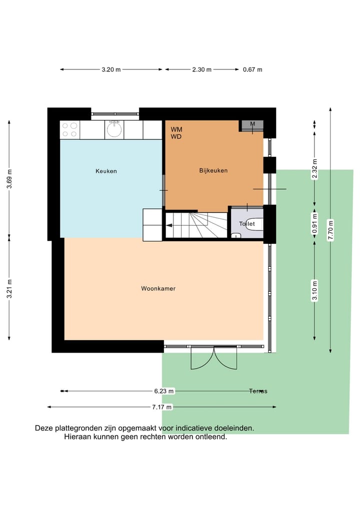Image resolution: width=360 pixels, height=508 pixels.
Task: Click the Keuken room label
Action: coord(106,171)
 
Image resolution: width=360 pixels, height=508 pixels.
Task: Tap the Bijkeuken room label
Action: coord(213,171)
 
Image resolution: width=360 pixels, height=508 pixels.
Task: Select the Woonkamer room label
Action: coord(158,289)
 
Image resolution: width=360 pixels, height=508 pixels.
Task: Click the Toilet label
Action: coord(246,224)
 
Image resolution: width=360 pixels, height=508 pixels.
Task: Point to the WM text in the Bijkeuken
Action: coord(176,129)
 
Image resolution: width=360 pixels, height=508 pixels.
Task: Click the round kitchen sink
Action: coord(114,130)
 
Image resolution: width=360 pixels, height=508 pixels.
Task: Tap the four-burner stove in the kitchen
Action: coord(69,130)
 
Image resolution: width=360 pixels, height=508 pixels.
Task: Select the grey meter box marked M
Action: coord(252,124)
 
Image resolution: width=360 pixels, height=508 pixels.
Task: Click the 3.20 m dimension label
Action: coord(111,70)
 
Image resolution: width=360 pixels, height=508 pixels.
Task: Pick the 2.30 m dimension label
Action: coord(201,70)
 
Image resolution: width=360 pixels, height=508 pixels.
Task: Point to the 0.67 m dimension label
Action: coord(252,70)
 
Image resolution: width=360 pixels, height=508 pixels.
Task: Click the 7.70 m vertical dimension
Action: coord(330,230)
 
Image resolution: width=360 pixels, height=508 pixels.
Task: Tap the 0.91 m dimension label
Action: coord(314,224)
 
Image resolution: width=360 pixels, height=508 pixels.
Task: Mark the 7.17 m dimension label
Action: coord(162,407)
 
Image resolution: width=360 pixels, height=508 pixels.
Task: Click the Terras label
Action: coord(258,391)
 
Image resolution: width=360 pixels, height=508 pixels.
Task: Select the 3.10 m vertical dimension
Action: coord(314,291)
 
